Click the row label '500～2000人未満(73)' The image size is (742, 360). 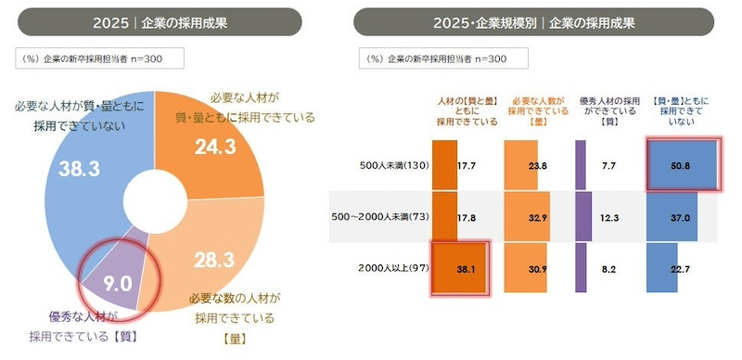point(378,216)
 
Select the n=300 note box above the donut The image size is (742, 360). point(99,58)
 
